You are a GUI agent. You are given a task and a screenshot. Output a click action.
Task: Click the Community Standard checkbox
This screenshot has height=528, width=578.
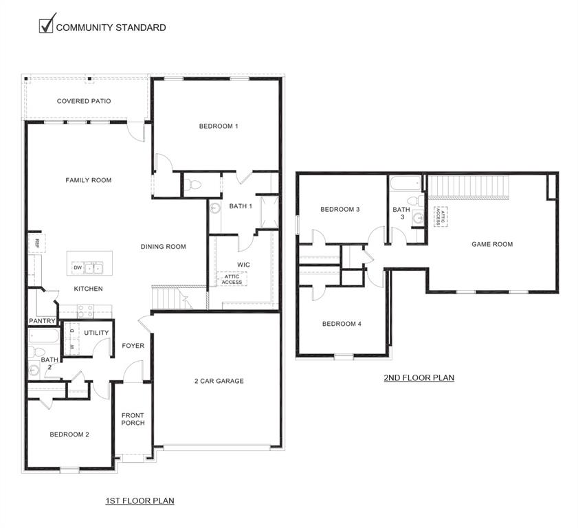46,25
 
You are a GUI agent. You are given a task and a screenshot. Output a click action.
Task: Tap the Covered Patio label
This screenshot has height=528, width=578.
84,101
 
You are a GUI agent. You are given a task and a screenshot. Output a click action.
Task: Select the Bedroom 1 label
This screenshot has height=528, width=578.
219,126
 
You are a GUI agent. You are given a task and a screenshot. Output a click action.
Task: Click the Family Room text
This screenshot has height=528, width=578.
88,180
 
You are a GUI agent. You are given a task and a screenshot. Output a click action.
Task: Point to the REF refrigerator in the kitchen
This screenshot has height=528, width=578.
32,243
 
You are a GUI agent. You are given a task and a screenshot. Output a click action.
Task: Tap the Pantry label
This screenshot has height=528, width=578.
41,321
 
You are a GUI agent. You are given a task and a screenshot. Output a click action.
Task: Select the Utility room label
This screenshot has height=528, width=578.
96,333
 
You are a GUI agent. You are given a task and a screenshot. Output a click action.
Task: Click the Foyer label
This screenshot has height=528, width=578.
133,346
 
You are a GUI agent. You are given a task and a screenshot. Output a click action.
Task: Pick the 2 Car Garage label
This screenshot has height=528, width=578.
219,381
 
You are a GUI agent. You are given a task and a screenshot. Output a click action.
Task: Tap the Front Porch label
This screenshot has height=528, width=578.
133,419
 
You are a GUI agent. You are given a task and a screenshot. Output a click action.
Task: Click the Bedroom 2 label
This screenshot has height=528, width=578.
69,434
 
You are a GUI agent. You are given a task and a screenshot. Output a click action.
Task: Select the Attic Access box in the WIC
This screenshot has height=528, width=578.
232,279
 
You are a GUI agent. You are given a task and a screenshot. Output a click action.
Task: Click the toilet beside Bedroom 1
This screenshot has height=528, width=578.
192,184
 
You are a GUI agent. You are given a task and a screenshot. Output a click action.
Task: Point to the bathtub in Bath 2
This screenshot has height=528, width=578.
45,336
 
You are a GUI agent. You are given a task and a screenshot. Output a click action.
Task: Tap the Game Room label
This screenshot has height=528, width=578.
492,244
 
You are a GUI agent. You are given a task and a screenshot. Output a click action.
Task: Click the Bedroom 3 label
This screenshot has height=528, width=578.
340,209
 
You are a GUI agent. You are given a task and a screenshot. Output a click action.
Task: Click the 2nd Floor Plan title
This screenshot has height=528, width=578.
419,377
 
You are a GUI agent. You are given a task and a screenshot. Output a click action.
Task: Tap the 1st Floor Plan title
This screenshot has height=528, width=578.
140,500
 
